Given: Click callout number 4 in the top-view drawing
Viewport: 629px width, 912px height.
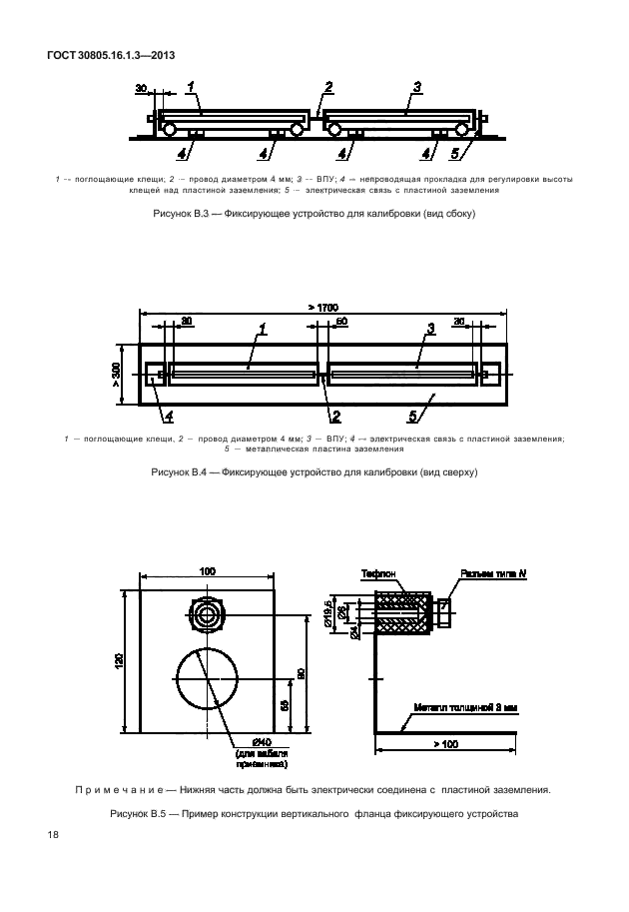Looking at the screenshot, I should [169, 415].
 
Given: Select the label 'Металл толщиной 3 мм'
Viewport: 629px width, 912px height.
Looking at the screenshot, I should [468, 708].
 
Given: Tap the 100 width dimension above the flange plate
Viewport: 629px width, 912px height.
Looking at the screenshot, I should [207, 571].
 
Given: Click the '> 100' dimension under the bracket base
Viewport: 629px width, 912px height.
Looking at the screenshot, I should [446, 743].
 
